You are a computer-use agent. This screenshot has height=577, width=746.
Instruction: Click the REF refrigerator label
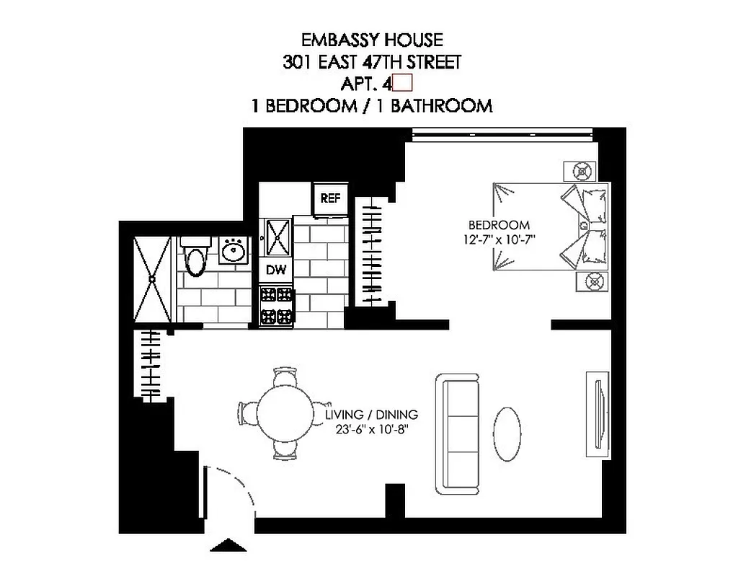pyautogui.click(x=330, y=198)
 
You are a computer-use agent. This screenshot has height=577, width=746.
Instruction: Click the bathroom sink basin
pyautogui.click(x=233, y=252)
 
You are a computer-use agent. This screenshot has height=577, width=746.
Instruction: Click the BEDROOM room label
pyautogui.click(x=499, y=225)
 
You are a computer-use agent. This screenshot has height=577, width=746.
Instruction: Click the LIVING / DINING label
pyautogui.click(x=371, y=415)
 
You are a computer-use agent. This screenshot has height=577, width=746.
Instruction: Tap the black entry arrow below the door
pyautogui.click(x=229, y=546)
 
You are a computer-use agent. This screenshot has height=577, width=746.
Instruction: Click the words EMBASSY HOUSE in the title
pyautogui.click(x=372, y=40)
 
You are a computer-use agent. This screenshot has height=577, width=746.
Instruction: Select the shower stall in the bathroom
pyautogui.click(x=153, y=280)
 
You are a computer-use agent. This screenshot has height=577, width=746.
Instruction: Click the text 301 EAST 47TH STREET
pyautogui.click(x=372, y=62)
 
